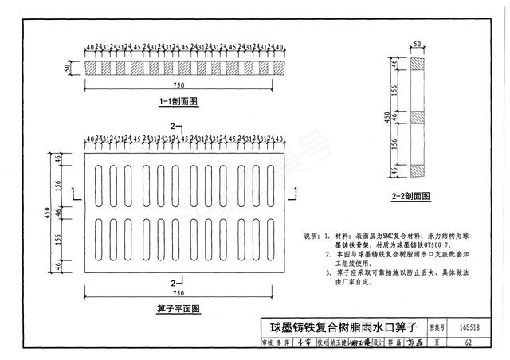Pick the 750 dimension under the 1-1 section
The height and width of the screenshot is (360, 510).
(182, 83)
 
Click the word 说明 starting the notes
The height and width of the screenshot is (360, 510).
(312, 237)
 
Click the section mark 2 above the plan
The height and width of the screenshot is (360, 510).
(172, 127)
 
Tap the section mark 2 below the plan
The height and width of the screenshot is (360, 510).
(172, 282)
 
